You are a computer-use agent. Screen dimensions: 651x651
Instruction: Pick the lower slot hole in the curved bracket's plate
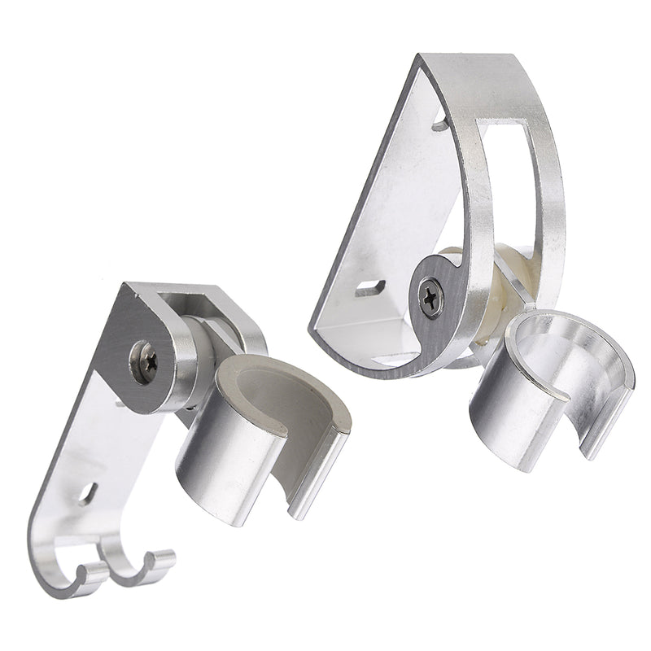pos(371,287)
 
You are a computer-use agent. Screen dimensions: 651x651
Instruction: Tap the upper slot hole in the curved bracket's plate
pos(440,125)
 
